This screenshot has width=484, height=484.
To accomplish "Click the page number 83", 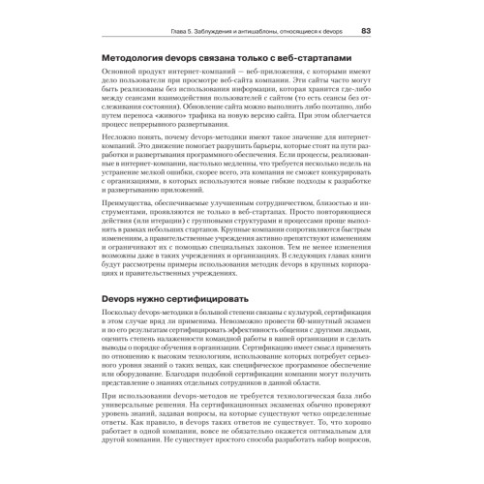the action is (366, 31).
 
